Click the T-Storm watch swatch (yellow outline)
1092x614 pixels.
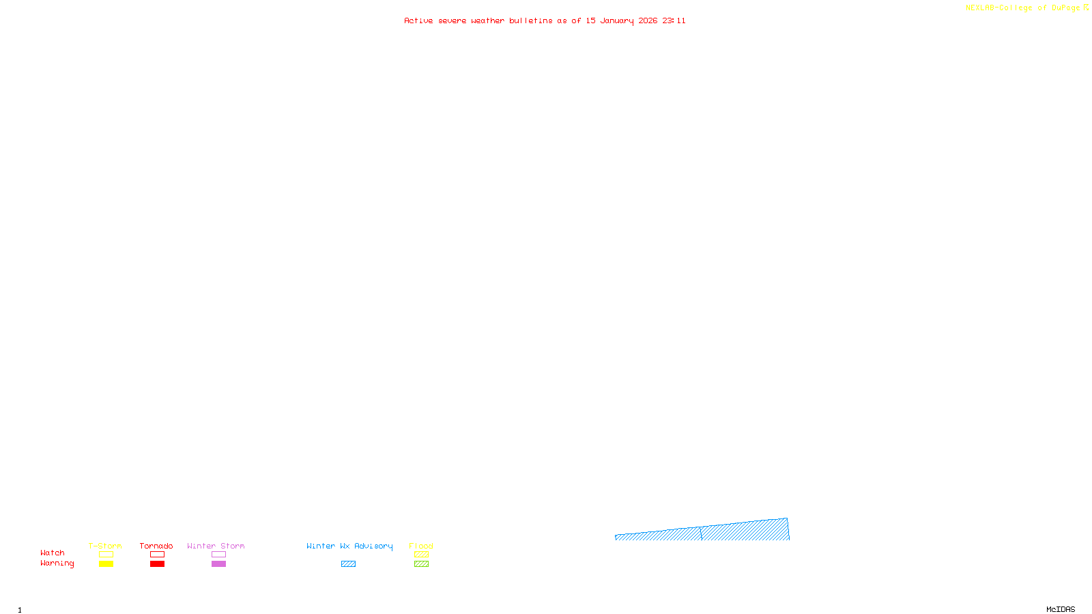click(106, 555)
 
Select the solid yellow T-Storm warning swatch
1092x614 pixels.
click(106, 564)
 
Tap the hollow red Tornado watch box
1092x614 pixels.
click(157, 555)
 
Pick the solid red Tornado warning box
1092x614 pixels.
click(157, 564)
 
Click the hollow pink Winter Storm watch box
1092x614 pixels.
click(218, 555)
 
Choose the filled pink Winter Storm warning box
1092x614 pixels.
click(218, 564)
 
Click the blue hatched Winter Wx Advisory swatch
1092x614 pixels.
click(348, 564)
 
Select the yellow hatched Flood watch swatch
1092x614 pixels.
click(421, 555)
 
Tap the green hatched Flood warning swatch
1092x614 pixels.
click(421, 564)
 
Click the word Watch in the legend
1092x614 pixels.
click(53, 553)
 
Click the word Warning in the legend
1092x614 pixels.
click(57, 564)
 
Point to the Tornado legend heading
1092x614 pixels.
click(156, 546)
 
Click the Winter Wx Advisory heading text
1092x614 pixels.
click(349, 546)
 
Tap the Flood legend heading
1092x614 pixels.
click(421, 546)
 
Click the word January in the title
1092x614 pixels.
click(617, 20)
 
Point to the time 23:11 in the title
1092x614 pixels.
click(674, 20)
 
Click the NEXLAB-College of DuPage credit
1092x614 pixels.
click(1023, 8)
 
